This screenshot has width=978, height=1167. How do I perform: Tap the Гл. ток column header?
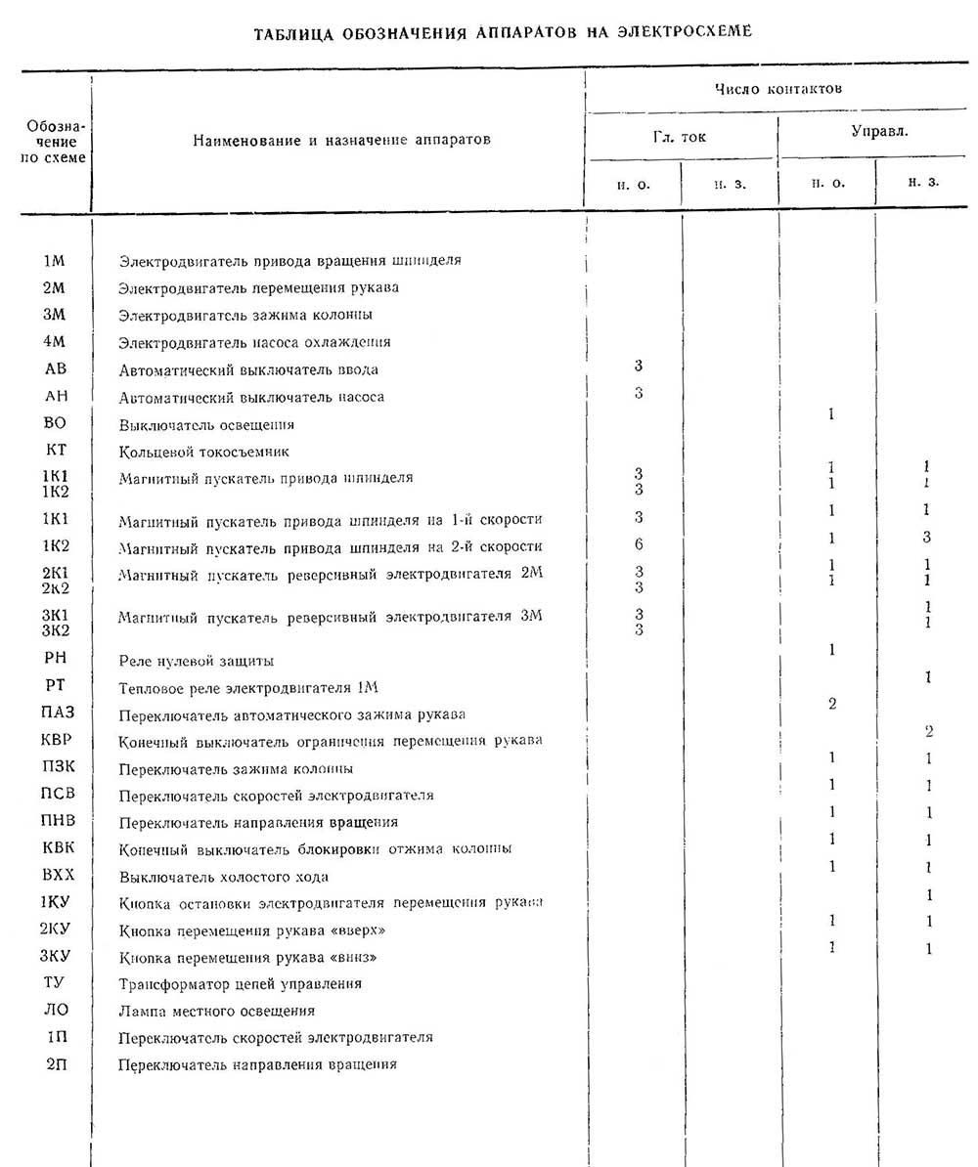point(680,137)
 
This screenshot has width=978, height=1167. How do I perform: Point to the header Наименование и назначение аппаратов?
point(341,140)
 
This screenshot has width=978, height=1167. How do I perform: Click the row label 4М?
point(55,342)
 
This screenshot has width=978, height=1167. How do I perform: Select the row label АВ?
point(56,369)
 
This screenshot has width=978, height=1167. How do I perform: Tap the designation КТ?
point(56,452)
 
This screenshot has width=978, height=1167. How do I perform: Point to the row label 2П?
point(56,1063)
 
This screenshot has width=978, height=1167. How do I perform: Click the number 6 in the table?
point(639,544)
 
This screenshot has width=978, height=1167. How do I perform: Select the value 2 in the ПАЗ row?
point(831,704)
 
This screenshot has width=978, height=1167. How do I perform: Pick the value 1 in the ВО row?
point(831,414)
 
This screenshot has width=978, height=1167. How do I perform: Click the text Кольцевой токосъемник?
point(203,453)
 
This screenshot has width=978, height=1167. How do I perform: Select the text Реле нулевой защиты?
point(196,661)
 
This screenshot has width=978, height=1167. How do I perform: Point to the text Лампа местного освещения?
point(216,1011)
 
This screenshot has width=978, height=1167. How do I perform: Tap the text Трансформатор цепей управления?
point(240,983)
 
